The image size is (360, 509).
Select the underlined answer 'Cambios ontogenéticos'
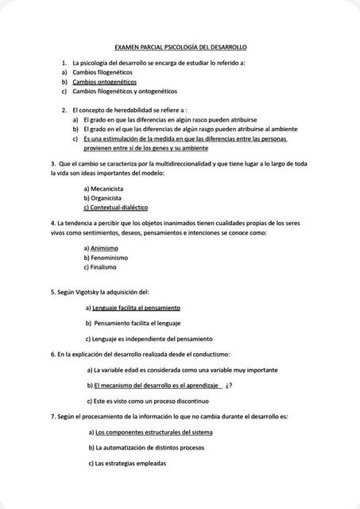click(x=104, y=82)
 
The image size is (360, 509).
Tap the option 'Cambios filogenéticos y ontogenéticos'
click(x=125, y=91)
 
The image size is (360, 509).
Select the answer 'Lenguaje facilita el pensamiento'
click(x=136, y=308)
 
